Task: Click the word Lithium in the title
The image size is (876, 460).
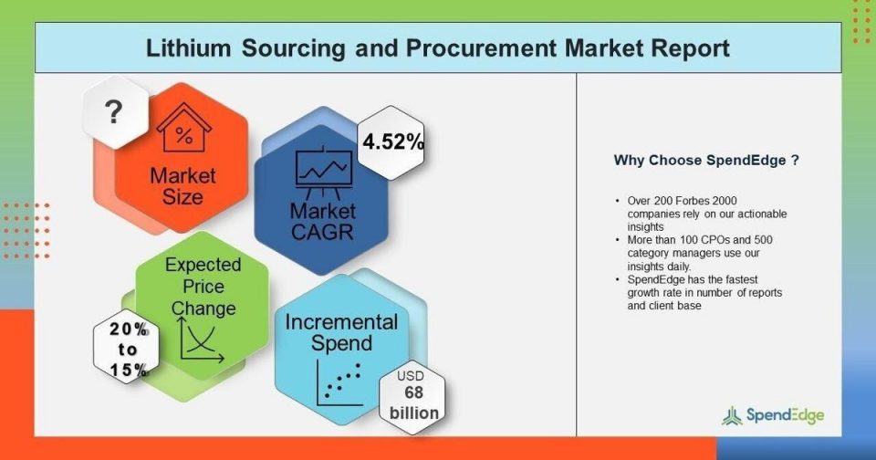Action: [x=188, y=48]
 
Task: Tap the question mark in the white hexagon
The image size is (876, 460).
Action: [x=113, y=111]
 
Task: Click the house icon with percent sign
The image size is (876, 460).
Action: [x=183, y=128]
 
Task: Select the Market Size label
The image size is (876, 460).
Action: [x=182, y=186]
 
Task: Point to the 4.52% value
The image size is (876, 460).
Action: [x=393, y=142]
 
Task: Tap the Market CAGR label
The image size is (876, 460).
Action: [x=322, y=222]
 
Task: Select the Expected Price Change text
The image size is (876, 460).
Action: [x=203, y=287]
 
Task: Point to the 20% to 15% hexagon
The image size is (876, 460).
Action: [x=126, y=350]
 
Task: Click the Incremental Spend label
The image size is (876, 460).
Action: [x=341, y=332]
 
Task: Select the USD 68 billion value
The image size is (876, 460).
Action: [x=413, y=394]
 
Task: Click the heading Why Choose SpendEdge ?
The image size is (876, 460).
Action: [x=706, y=161]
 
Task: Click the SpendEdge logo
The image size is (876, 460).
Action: [x=773, y=416]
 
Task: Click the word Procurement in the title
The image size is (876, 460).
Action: [x=481, y=48]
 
